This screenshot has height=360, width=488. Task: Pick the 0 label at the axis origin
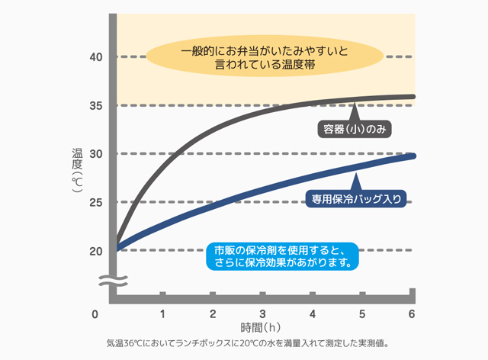coord(95,314)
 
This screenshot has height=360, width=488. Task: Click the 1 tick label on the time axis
coord(162,314)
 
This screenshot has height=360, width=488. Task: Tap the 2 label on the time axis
coord(213,314)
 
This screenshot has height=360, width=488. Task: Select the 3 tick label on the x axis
coord(262,314)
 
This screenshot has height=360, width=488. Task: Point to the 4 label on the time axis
coord(313,314)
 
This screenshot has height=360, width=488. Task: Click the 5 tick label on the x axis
coord(362,314)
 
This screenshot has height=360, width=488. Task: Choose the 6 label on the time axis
coord(413,314)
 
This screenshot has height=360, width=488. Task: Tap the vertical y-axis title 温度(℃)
coord(76,169)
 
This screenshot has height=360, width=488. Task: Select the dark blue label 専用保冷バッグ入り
coord(355,199)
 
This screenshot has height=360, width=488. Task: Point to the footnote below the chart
coord(248,344)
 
